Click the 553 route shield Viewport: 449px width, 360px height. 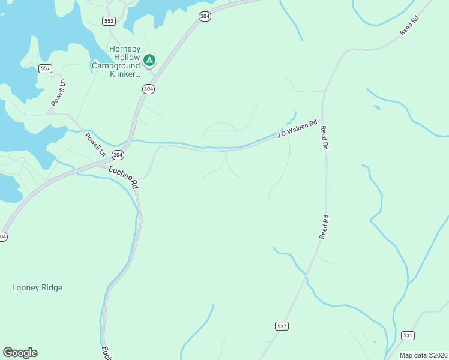coord(109,21)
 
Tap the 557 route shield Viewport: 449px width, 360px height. coord(45,68)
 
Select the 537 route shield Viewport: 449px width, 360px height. coord(282,326)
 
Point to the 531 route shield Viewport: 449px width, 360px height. coord(408,335)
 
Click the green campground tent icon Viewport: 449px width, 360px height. coord(149,60)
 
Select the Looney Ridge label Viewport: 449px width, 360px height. coord(37,288)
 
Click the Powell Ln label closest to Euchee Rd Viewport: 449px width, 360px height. coord(95,145)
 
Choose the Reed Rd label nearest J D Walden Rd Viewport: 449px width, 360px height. coord(324,137)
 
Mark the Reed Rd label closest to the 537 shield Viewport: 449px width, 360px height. coord(324,227)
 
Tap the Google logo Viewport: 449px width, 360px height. coord(20,353)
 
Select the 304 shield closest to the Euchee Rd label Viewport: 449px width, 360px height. coord(118,155)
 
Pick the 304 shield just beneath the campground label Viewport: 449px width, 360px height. coord(148,89)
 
